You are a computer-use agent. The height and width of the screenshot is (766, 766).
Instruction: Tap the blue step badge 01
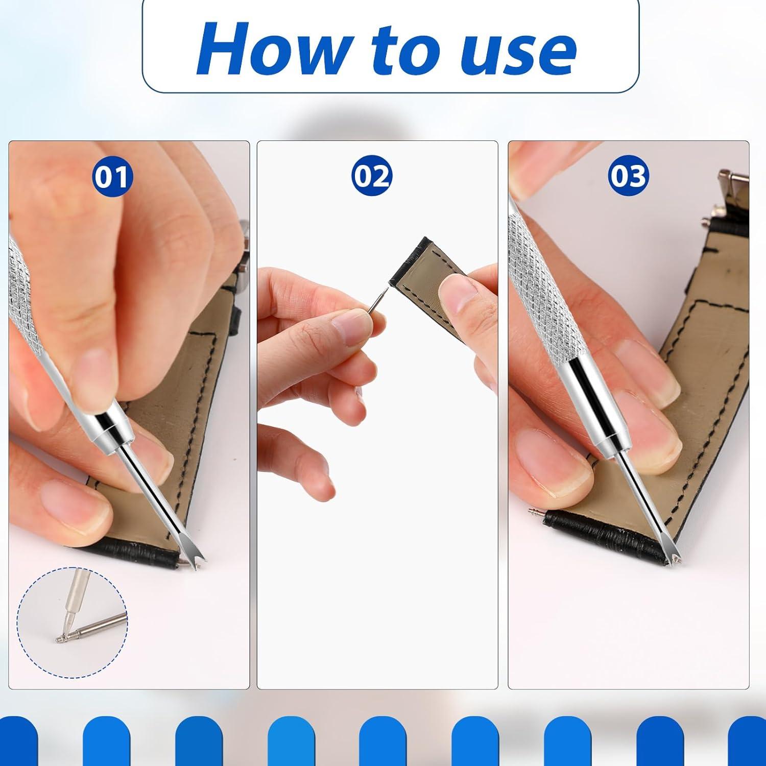(112, 177)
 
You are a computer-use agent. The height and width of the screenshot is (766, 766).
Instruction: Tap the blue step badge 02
(372, 177)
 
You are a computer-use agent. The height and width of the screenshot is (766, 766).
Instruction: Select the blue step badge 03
(628, 177)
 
